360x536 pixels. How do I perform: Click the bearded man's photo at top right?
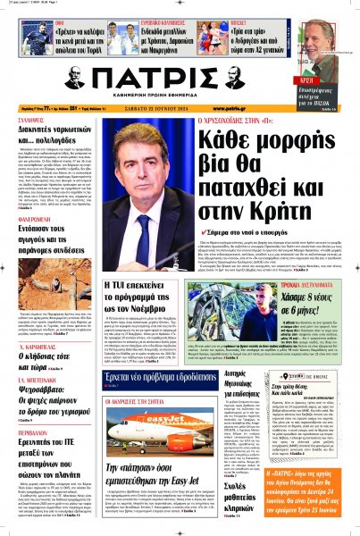(x=334, y=40)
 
